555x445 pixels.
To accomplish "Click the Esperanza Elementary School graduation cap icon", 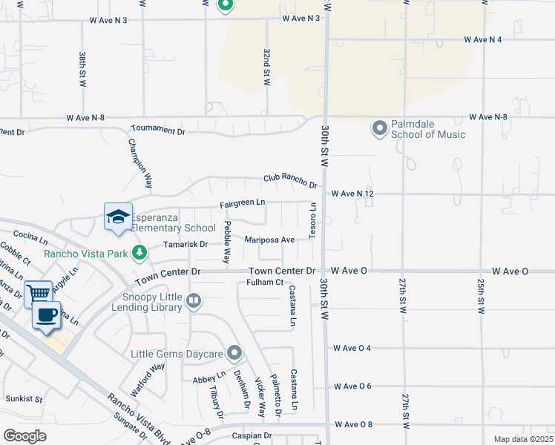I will click(118, 217).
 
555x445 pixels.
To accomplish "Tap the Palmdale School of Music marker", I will click(380, 129).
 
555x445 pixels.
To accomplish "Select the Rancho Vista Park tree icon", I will click(139, 254).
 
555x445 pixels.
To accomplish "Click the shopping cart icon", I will click(37, 293).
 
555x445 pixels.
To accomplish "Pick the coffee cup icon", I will click(46, 314).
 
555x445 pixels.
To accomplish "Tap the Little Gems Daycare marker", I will click(235, 352).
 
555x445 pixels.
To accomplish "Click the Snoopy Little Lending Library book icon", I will click(194, 300).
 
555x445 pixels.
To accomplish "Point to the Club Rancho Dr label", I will click(290, 179).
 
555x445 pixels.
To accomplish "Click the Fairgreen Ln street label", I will click(242, 202).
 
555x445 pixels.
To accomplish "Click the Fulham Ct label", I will click(265, 282).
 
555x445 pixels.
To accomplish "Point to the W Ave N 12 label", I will click(352, 194).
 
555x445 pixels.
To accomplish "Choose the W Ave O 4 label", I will click(352, 348).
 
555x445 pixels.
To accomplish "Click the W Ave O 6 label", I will click(352, 386).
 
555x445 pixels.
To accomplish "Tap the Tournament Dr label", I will click(158, 130).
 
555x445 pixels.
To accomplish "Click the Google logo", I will click(24, 436).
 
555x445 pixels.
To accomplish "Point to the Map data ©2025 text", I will click(522, 439).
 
